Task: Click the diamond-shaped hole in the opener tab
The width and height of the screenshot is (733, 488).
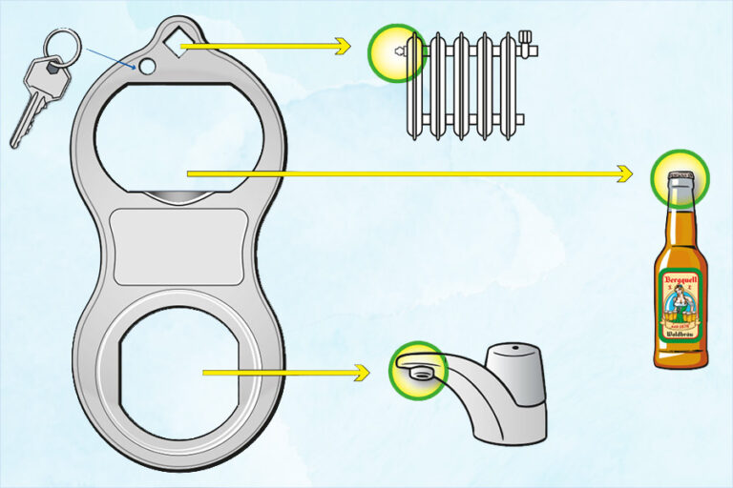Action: point(172,43)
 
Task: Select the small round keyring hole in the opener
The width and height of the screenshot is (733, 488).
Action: point(146,67)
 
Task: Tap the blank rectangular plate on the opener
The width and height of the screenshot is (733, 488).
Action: point(179,246)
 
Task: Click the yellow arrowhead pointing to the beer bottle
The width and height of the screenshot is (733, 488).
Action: point(625,173)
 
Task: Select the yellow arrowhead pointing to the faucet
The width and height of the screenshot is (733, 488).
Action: point(363,373)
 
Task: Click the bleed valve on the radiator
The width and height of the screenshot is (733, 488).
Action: point(400,51)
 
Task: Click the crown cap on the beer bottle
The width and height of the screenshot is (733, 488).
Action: point(681,176)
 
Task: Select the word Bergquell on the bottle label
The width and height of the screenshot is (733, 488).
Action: point(681,278)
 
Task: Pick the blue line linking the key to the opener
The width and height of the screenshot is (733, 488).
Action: point(110,57)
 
